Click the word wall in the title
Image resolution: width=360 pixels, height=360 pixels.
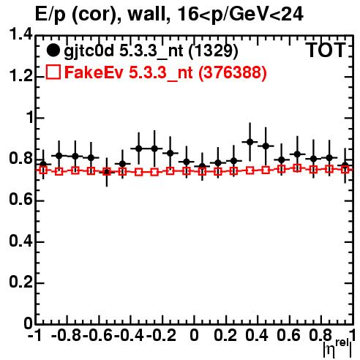pos(149,14)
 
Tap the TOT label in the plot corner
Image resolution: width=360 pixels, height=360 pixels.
pos(326,50)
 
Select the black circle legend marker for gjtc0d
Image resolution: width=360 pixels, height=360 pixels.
pos(53,50)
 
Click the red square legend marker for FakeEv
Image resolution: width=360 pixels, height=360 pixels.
pos(53,72)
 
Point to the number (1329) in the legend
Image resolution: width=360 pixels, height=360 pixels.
pos(213,51)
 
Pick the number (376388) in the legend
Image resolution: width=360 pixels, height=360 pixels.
pos(233,72)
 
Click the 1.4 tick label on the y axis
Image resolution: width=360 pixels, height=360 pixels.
pos(20,34)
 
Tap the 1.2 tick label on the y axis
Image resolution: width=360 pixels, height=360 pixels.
pos(20,76)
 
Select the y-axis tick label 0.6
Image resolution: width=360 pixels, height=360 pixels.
pos(20,200)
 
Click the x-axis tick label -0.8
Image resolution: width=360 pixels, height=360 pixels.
pos(66,335)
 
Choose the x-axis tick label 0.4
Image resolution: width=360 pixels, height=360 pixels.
pos(257,335)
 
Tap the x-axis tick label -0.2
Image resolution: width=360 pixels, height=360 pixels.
pos(161,335)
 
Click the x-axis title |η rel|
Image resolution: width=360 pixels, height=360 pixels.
pos(338,348)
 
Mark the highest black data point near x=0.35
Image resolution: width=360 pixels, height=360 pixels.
pos(250,142)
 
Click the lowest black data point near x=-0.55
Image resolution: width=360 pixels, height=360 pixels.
pos(107,172)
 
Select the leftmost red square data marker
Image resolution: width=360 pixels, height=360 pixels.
pos(43,170)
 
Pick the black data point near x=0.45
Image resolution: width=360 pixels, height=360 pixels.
pos(266,146)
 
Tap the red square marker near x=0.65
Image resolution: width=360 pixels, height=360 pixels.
pos(297,168)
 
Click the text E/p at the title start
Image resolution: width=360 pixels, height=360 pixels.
pos(50,15)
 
